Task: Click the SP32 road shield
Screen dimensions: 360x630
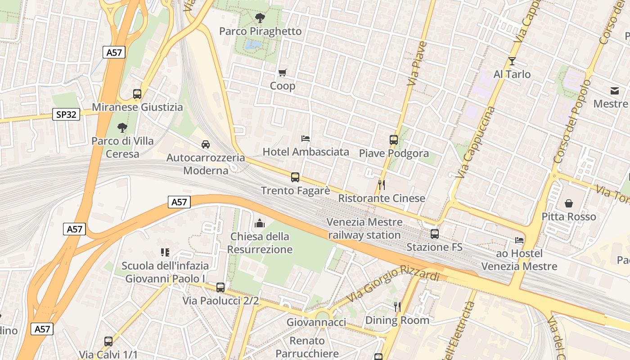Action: pyautogui.click(x=66, y=114)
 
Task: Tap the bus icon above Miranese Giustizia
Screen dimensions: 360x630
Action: pyautogui.click(x=137, y=94)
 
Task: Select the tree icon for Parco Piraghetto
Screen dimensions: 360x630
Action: pyautogui.click(x=260, y=18)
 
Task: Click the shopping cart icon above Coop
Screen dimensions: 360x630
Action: pyautogui.click(x=282, y=72)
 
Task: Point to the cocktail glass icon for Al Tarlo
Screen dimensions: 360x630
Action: pyautogui.click(x=512, y=61)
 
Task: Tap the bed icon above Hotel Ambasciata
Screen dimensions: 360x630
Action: pyautogui.click(x=306, y=138)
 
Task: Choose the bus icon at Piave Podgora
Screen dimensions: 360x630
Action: pyautogui.click(x=394, y=140)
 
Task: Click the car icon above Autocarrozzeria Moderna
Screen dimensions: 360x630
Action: pyautogui.click(x=206, y=144)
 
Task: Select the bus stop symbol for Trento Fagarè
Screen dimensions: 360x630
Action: pyautogui.click(x=295, y=177)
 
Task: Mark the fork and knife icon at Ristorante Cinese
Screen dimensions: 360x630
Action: pyautogui.click(x=381, y=184)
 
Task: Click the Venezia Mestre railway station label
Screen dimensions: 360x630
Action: pyautogui.click(x=364, y=228)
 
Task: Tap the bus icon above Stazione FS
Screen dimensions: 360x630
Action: pyautogui.click(x=434, y=234)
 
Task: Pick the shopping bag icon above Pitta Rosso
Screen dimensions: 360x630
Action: pyautogui.click(x=569, y=203)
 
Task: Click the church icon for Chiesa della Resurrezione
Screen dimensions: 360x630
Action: pyautogui.click(x=260, y=223)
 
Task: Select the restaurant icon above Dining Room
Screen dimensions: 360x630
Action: pyautogui.click(x=397, y=307)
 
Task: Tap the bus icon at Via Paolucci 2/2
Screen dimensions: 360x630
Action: pyautogui.click(x=220, y=287)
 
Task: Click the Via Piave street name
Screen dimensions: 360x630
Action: pyautogui.click(x=417, y=63)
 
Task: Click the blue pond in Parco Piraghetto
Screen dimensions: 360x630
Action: pyautogui.click(x=253, y=45)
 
